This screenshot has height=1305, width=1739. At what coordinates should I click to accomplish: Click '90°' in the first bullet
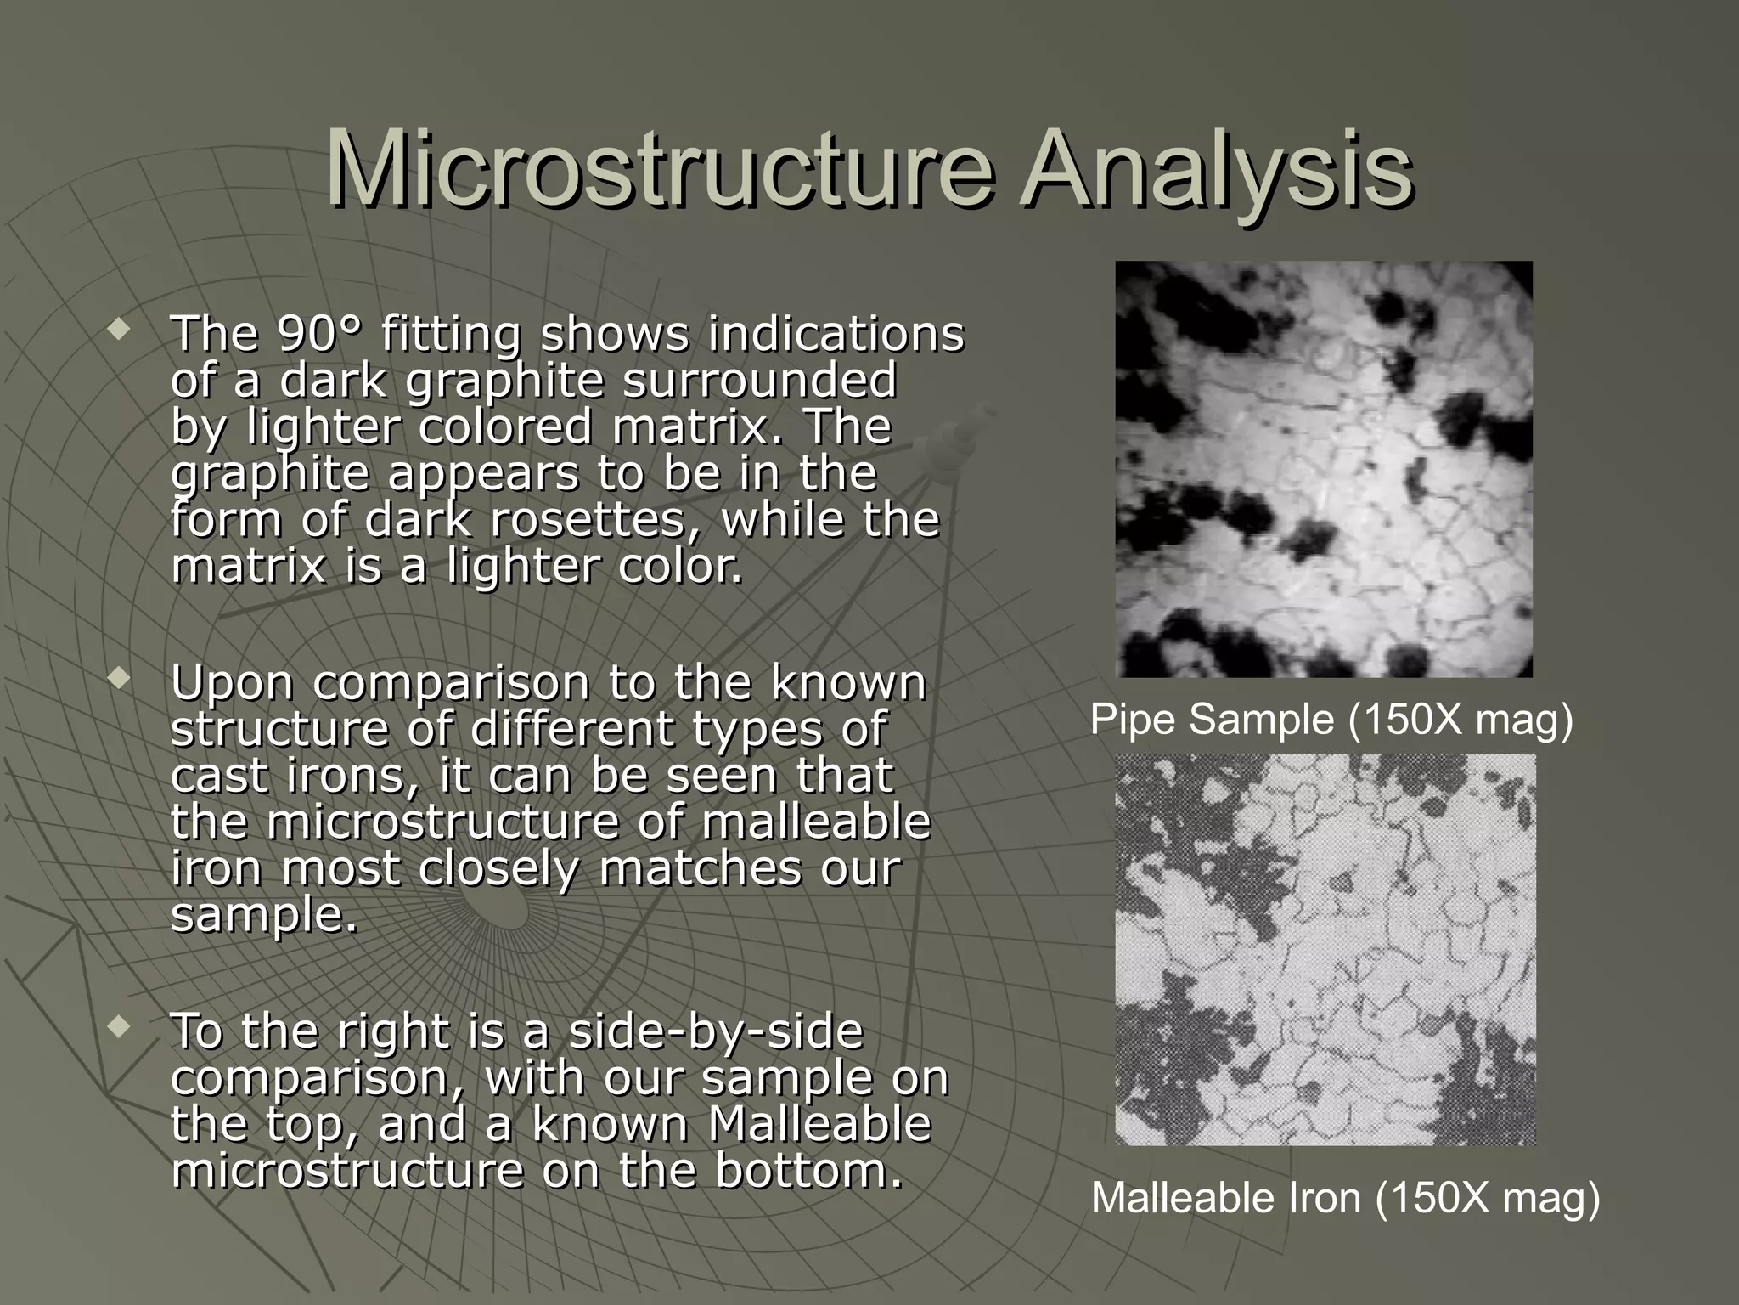(318, 333)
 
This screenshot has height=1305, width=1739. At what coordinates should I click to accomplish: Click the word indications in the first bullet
(836, 333)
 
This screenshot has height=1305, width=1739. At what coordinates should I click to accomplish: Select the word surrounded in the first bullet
(759, 380)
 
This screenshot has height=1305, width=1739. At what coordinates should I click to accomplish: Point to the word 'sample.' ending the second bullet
(264, 915)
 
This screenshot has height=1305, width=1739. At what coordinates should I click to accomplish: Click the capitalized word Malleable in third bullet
(819, 1124)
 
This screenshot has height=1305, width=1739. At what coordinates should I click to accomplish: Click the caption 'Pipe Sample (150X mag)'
(1331, 720)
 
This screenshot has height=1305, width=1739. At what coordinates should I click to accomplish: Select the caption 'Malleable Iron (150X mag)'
(1345, 1199)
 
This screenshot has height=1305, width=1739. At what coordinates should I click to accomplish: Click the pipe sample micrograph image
(1324, 469)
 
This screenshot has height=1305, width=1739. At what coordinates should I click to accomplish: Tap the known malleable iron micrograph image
(1325, 949)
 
